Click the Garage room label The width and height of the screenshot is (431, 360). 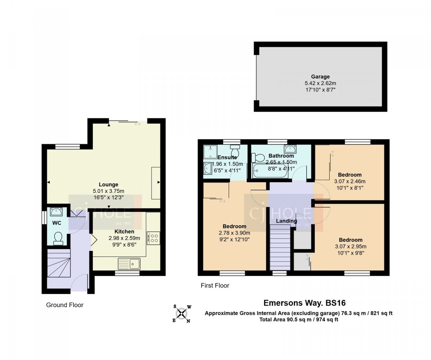(320, 77)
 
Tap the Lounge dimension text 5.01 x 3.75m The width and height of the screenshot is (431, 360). (108, 191)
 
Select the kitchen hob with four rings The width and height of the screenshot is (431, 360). (153, 238)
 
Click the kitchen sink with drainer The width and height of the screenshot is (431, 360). (129, 264)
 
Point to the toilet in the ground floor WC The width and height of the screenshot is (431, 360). (58, 238)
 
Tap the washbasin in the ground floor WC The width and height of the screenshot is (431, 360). (55, 212)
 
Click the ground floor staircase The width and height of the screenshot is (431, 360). (59, 263)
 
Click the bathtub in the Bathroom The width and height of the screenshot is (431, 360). (270, 171)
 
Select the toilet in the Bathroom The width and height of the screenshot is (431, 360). (258, 158)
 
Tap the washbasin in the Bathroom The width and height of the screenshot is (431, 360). (290, 149)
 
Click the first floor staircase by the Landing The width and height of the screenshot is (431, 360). (280, 247)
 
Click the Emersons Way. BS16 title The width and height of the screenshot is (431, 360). (305, 303)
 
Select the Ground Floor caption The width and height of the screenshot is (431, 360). (65, 305)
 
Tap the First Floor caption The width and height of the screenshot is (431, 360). (215, 286)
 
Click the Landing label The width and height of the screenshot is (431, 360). (286, 221)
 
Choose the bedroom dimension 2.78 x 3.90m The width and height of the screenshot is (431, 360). (235, 233)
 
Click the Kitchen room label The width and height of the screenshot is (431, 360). (124, 231)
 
